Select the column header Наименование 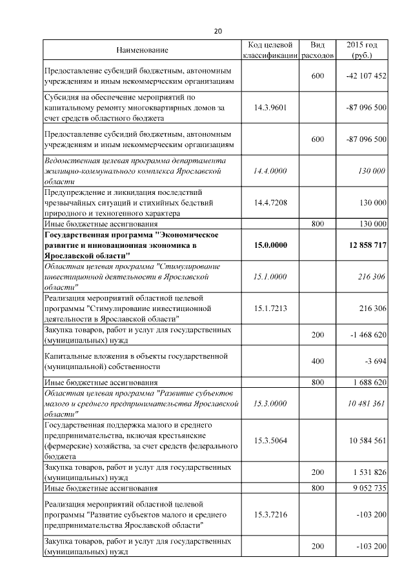[x=142, y=50]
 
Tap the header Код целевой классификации [x=270, y=50]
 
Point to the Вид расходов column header [x=317, y=50]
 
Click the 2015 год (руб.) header [x=362, y=50]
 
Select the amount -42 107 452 [x=366, y=76]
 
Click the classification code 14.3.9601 [x=270, y=108]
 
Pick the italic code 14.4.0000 [x=270, y=171]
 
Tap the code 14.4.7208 [x=270, y=203]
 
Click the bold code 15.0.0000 [x=270, y=245]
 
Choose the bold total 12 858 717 [x=365, y=245]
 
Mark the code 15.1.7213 [x=270, y=308]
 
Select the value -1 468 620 [x=366, y=335]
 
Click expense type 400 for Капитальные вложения [x=317, y=361]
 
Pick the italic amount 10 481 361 [x=366, y=403]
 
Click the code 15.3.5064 [x=270, y=441]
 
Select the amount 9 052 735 [x=369, y=488]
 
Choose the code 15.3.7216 [x=270, y=514]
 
